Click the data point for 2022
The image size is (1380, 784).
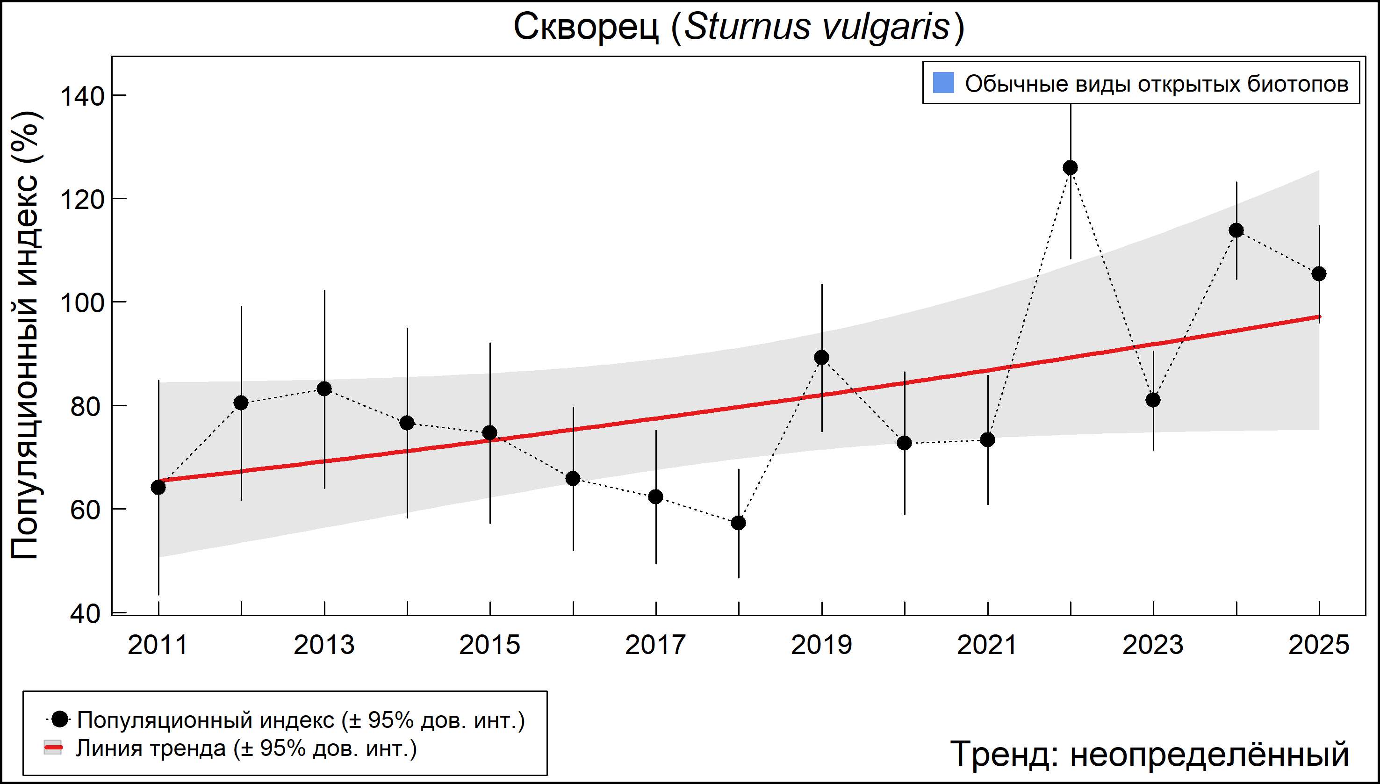1071,168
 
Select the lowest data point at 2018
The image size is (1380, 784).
739,523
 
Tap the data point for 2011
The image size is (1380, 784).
158,487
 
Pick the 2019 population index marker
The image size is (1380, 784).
822,358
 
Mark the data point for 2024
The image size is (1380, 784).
1236,230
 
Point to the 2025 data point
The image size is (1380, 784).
1319,274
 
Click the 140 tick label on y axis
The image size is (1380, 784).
82,97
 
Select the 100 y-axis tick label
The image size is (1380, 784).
82,303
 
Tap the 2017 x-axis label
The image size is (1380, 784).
655,645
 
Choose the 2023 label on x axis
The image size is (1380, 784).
1153,645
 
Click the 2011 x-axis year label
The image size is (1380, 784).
158,645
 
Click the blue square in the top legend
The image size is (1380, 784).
943,83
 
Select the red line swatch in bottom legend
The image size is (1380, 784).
53,748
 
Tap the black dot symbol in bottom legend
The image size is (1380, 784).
60,719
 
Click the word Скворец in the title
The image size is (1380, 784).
586,27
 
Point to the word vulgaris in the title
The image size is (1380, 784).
885,27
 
